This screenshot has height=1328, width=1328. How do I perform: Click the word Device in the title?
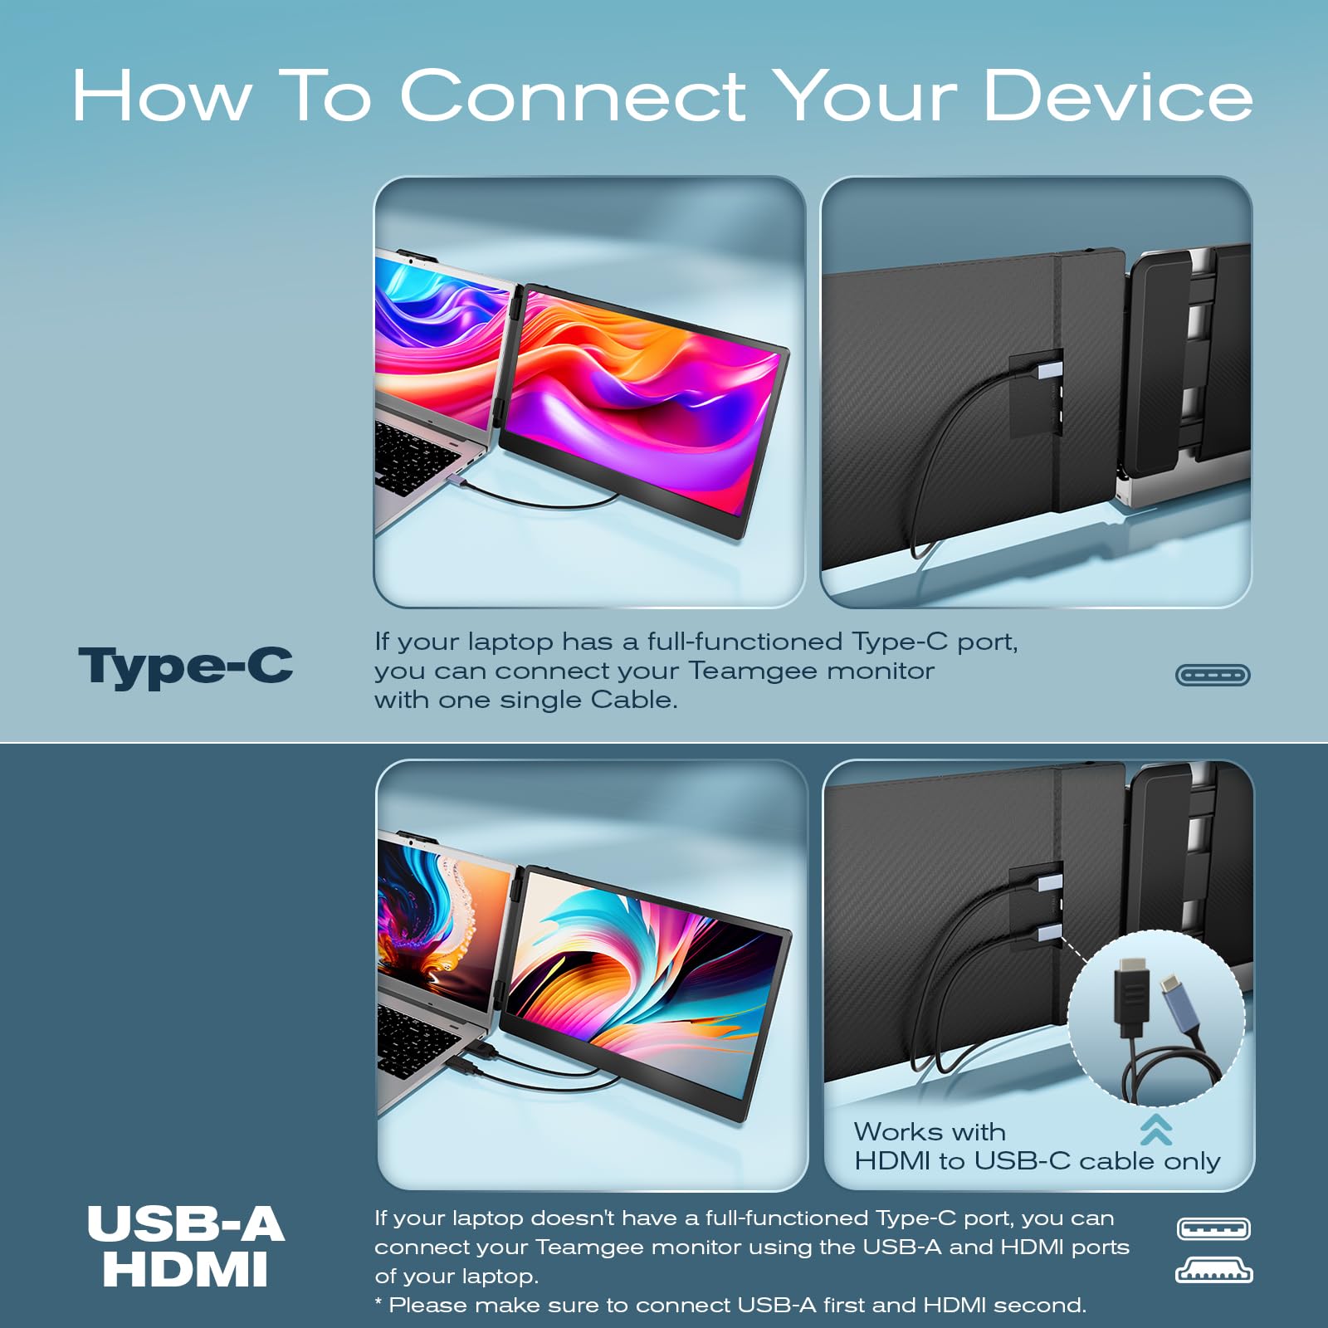1118,95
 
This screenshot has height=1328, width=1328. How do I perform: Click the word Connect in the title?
573,95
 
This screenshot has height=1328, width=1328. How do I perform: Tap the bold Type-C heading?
186,666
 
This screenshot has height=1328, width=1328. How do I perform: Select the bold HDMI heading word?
186,1270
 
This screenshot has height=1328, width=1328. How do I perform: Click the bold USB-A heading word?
186,1224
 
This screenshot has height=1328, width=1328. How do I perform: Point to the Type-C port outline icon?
1213,675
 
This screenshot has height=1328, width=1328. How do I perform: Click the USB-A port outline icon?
1213,1228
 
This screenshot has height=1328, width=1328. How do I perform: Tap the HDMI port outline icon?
1213,1271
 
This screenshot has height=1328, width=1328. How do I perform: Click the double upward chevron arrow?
1156,1130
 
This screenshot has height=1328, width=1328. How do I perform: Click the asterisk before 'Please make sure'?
378,1301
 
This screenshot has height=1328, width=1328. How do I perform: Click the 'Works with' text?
930,1131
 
